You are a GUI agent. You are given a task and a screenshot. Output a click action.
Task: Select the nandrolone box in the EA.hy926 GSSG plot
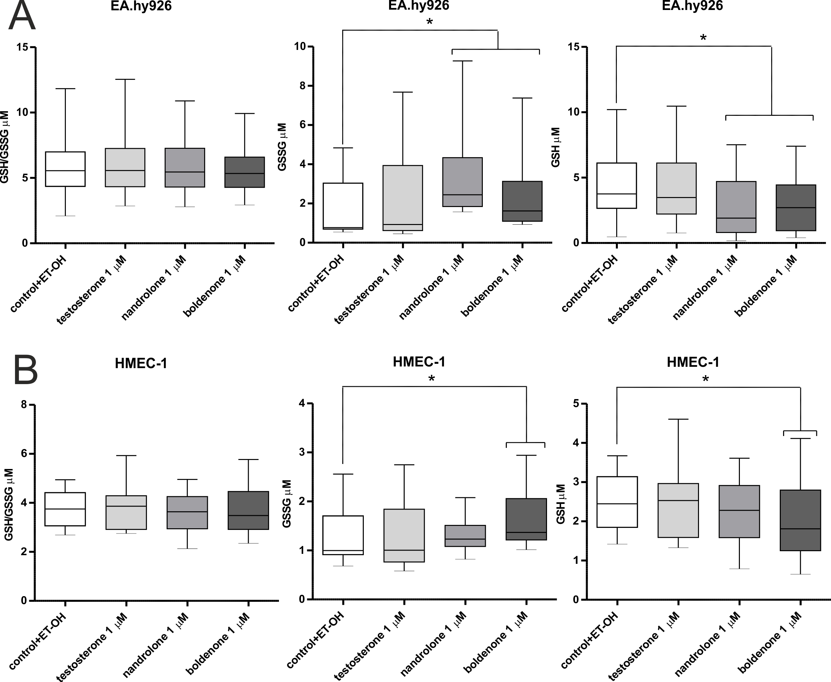[463, 181]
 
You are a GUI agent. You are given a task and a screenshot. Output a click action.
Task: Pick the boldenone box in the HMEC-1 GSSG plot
[526, 519]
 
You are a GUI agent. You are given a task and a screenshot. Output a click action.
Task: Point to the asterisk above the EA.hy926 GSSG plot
[429, 22]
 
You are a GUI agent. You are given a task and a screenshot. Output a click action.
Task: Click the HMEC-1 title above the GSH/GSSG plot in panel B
[141, 363]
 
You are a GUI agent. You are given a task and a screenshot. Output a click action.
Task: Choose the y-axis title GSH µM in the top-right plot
[556, 147]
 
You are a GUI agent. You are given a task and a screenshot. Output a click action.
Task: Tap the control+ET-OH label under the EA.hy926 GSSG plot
[316, 283]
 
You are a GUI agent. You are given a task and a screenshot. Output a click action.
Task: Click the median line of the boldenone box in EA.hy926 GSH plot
[796, 207]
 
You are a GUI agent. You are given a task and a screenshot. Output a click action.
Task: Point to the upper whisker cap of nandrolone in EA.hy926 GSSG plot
[463, 61]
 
